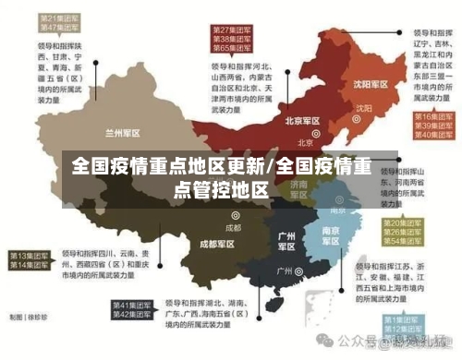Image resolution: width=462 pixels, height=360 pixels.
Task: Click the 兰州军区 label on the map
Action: tap(123, 132)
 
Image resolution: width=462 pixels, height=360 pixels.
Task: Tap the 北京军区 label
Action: tap(302, 121)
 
